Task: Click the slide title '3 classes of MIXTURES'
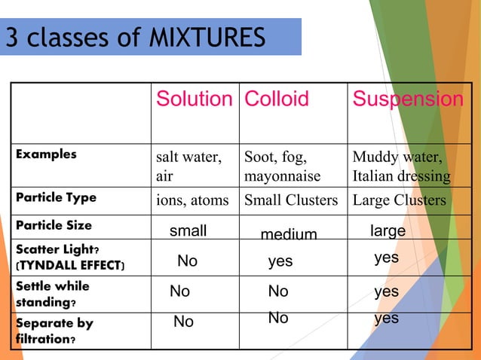click(x=136, y=37)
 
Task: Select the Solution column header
click(x=194, y=99)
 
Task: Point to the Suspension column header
click(x=408, y=99)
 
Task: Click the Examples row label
click(x=47, y=154)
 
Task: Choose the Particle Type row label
click(x=57, y=197)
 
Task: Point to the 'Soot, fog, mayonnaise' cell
click(x=282, y=167)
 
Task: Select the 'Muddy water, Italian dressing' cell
click(x=401, y=167)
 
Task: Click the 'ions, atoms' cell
click(x=192, y=200)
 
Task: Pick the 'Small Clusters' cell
click(x=290, y=200)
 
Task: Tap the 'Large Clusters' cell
click(x=400, y=200)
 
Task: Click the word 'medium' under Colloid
click(x=289, y=235)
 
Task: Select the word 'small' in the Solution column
click(x=188, y=230)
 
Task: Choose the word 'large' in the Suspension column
click(x=388, y=230)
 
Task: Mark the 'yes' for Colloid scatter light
click(x=280, y=261)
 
